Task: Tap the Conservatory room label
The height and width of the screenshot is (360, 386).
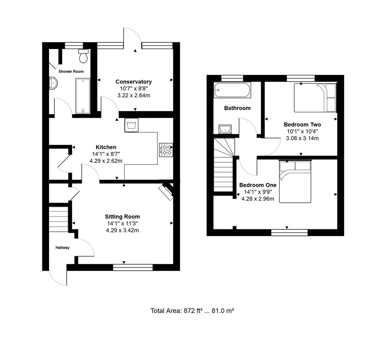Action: coord(133,82)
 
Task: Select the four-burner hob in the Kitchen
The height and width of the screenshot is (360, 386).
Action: coord(166,150)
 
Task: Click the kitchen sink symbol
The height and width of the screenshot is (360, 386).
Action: coord(131,125)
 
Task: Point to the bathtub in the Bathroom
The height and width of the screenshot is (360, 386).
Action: coord(232,90)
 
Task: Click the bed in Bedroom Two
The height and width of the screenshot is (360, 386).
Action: coord(315,98)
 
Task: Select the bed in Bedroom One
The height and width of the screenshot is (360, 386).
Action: coord(295,182)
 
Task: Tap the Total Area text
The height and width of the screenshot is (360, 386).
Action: coord(192,311)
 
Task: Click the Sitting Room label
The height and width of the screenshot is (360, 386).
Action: coord(122,217)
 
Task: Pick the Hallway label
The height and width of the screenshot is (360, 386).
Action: coord(62,248)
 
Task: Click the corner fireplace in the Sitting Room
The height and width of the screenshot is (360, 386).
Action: coord(166,191)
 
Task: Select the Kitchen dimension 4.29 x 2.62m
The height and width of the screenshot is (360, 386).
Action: coord(106,161)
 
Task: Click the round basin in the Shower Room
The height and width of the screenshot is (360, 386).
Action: coord(53,83)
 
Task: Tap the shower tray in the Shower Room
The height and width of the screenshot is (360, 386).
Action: coord(83,96)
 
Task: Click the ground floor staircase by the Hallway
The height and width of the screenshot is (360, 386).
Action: coord(59,218)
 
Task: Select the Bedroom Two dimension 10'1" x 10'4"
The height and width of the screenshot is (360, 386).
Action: coord(302,131)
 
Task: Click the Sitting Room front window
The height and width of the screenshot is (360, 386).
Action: coord(133,267)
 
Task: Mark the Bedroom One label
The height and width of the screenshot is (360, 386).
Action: coord(258,185)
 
